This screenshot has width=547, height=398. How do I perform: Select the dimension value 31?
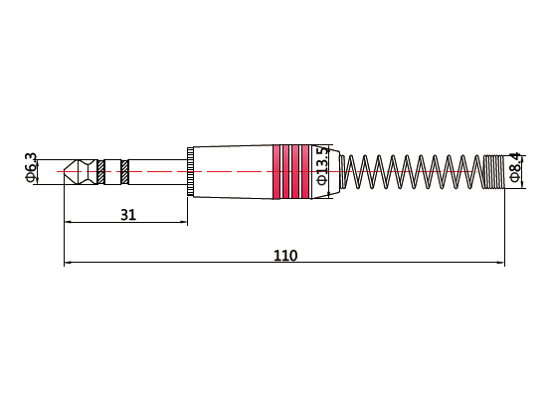(x=128, y=214)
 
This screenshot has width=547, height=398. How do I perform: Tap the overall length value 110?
(x=285, y=255)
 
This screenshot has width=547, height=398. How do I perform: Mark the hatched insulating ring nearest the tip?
(x=101, y=171)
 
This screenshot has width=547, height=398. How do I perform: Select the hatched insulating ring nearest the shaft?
(x=124, y=171)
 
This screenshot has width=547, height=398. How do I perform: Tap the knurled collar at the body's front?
(x=189, y=171)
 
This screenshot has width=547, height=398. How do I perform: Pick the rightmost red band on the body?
(x=305, y=171)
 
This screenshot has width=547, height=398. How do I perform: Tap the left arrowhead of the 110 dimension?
(x=68, y=264)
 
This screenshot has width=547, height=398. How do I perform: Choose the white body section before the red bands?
(x=234, y=171)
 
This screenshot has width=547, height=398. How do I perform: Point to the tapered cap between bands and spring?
(x=335, y=171)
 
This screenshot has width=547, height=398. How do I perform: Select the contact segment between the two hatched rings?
(x=112, y=171)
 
